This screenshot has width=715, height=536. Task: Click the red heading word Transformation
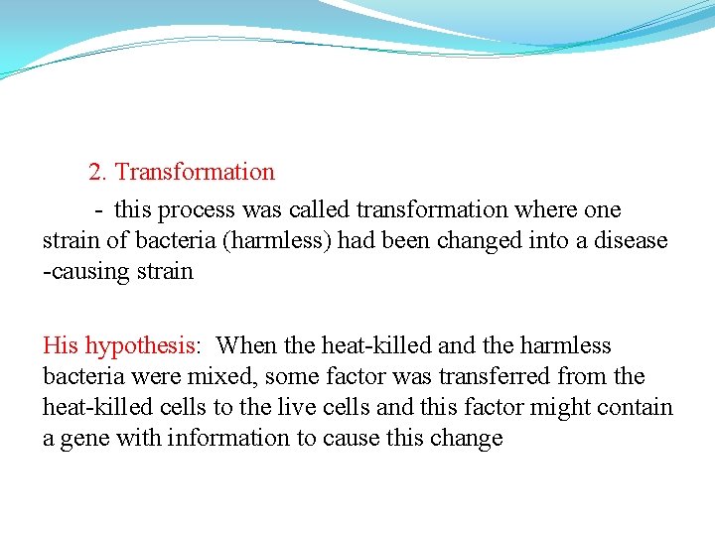point(195,172)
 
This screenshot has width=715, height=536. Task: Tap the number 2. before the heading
point(97,172)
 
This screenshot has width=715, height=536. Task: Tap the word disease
point(632,241)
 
